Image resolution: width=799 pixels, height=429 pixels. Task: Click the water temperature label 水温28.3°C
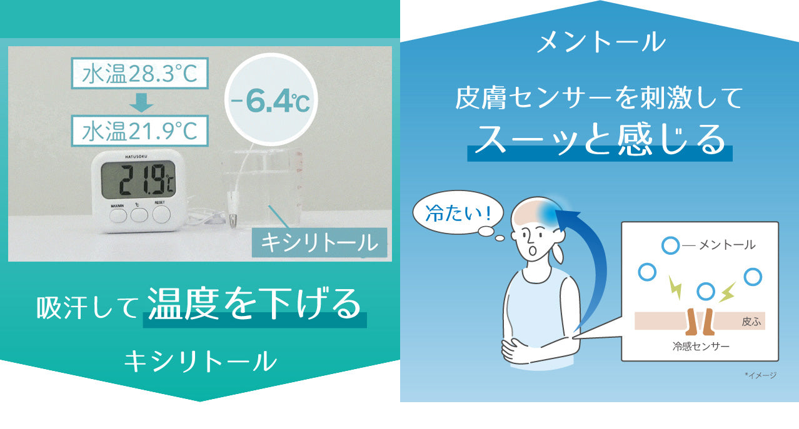139,74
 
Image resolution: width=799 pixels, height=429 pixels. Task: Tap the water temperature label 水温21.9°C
139,131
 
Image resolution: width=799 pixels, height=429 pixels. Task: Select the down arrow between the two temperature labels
141,103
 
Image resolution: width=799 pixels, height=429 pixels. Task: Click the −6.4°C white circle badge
271,101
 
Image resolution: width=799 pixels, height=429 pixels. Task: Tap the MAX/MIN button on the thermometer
118,215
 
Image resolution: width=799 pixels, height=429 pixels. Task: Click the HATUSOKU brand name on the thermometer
138,157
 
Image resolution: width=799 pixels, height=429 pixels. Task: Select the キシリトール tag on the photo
319,243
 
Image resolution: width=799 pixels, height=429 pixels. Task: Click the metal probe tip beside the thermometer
233,222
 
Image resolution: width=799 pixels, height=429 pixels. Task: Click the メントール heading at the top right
601,42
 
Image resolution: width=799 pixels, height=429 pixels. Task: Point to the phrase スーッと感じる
600,141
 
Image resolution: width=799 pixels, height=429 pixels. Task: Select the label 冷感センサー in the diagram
701,346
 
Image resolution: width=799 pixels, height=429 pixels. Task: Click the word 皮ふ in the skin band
751,322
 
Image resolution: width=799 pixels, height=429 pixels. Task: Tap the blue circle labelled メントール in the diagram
671,246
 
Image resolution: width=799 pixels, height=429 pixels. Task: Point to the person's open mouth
533,251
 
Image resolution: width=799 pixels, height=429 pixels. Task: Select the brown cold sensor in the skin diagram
700,322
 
